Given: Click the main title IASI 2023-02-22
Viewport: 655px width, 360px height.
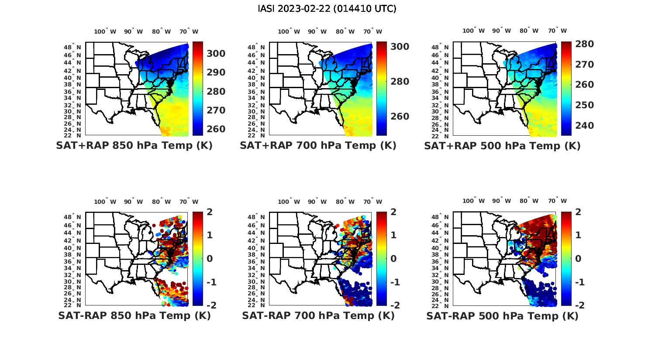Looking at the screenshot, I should click(327, 9).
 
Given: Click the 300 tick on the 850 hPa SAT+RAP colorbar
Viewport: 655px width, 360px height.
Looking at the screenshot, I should click(216, 54).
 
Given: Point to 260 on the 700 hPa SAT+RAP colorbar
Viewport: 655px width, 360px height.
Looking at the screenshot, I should click(400, 117).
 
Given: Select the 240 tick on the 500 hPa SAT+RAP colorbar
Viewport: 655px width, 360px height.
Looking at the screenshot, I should click(584, 126).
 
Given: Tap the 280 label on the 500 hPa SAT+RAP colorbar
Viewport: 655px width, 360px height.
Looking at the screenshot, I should click(584, 44).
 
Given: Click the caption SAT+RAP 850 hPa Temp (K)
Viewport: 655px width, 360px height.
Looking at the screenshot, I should click(134, 146).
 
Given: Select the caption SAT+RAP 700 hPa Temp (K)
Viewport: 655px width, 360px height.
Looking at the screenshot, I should click(318, 146).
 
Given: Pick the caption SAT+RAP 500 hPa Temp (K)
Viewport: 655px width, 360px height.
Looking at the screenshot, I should click(502, 146).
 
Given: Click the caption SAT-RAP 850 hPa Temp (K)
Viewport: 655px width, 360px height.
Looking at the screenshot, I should click(134, 315).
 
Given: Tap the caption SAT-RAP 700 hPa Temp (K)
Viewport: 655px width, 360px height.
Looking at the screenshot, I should click(318, 315).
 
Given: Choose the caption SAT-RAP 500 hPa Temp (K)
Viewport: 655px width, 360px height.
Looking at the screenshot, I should click(502, 315).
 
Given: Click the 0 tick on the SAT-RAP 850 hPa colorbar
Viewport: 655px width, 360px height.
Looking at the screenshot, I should click(210, 259).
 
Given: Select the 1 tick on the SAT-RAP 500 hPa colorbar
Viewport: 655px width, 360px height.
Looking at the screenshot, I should click(578, 235).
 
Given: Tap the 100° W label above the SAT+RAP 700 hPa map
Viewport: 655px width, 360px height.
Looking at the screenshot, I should click(289, 31).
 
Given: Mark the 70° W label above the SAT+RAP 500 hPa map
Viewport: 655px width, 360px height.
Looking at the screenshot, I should click(558, 31).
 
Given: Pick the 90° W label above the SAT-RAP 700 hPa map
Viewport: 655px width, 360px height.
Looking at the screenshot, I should click(317, 202).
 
